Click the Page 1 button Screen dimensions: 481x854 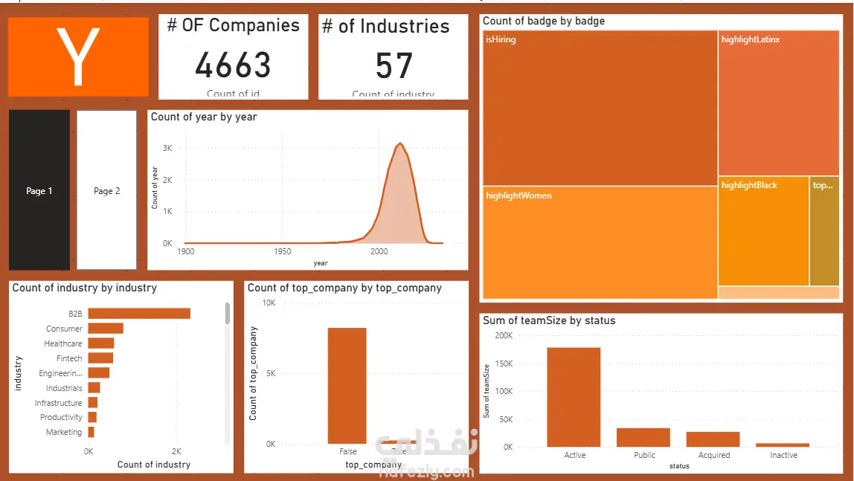[39, 190]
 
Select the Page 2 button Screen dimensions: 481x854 [106, 190]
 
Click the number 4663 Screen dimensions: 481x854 [233, 65]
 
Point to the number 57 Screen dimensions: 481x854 [394, 66]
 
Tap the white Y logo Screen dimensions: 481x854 [78, 57]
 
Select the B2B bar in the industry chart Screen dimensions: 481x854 [139, 314]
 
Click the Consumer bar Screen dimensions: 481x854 [106, 329]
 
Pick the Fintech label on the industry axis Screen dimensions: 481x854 [69, 358]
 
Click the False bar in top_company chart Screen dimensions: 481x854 [347, 385]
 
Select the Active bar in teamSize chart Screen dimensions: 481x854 [574, 397]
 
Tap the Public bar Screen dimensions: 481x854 [643, 437]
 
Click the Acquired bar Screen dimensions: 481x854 [713, 439]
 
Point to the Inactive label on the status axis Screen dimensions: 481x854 [783, 455]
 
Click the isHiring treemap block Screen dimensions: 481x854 [600, 108]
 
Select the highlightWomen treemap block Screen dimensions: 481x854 [600, 242]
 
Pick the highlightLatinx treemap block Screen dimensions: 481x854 [778, 103]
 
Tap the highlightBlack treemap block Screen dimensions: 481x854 [763, 230]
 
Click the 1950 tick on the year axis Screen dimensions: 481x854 [283, 252]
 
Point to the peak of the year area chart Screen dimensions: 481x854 [400, 143]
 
